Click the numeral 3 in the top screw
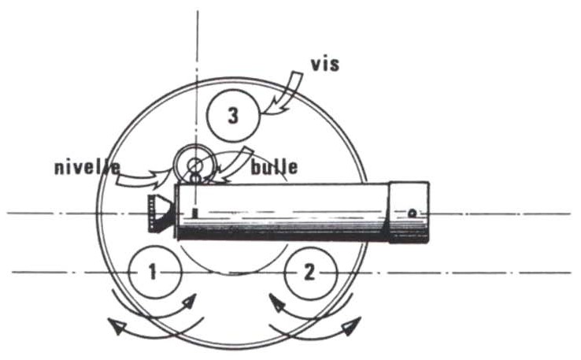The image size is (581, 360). coord(232,116)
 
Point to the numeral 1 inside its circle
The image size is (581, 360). coord(154,273)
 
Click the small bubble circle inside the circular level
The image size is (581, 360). coord(194,165)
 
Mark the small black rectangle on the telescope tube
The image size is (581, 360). coord(193,213)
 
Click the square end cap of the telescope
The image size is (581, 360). coord(410,212)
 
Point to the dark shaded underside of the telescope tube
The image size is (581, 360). coord(283,233)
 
